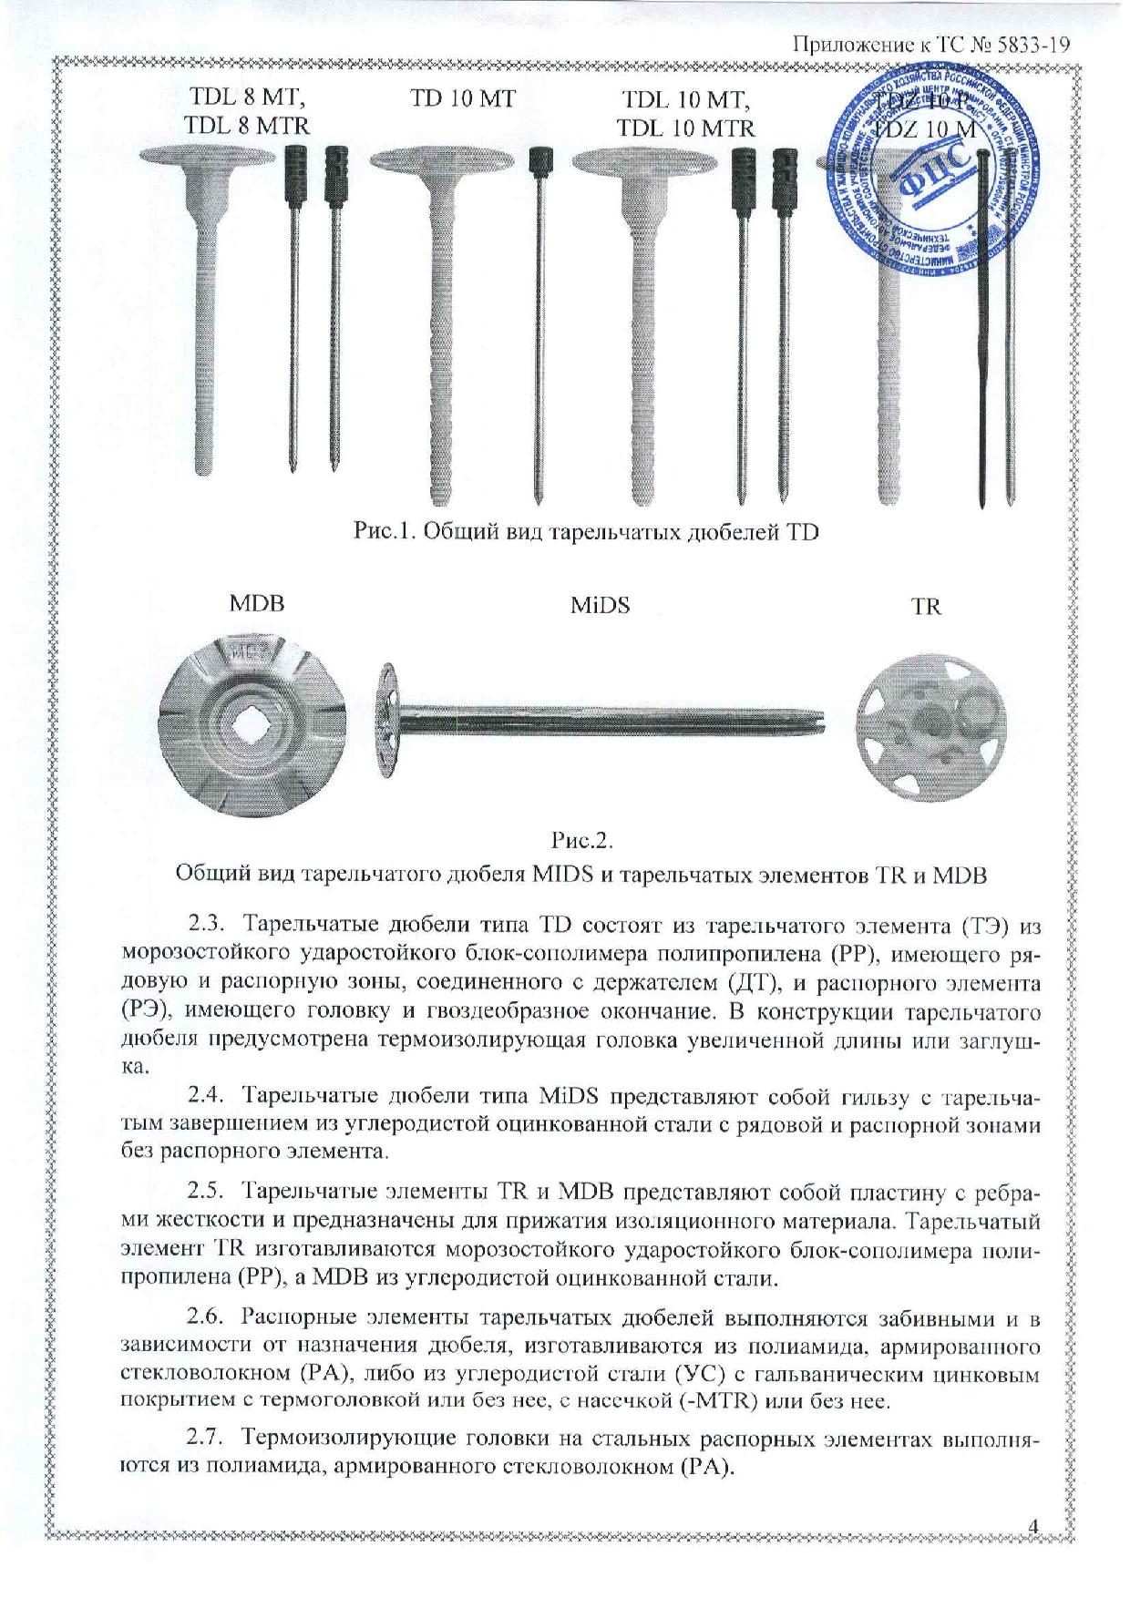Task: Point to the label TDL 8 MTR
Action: click(x=247, y=126)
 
